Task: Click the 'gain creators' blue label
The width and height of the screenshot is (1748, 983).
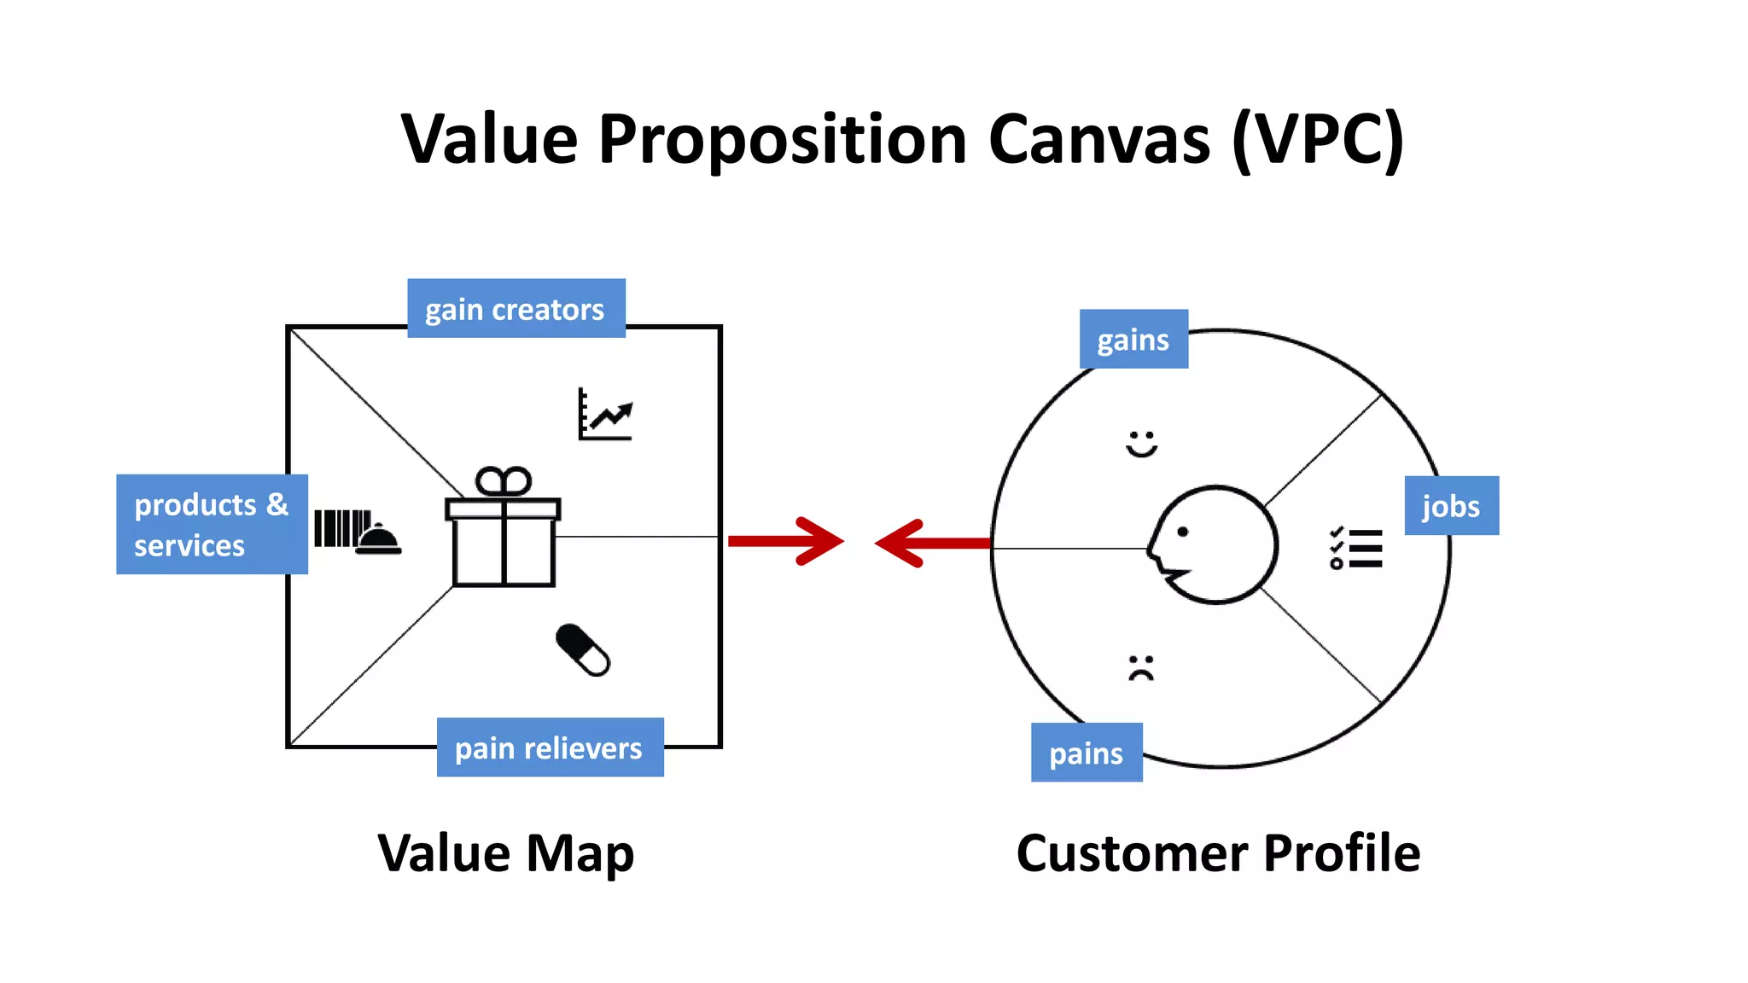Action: pyautogui.click(x=516, y=309)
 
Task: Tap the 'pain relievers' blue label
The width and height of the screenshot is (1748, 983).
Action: pyautogui.click(x=550, y=747)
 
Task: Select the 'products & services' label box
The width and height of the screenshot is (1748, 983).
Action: pyautogui.click(x=212, y=524)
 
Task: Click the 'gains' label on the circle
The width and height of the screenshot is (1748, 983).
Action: pyautogui.click(x=1133, y=340)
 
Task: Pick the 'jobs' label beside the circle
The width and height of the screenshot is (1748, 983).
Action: pyautogui.click(x=1451, y=506)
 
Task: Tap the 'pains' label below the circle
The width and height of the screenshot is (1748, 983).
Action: pyautogui.click(x=1086, y=753)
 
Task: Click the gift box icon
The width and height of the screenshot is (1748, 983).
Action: pyautogui.click(x=503, y=529)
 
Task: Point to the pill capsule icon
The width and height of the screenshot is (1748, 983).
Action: pyautogui.click(x=583, y=650)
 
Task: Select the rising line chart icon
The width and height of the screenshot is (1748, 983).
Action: pyautogui.click(x=605, y=416)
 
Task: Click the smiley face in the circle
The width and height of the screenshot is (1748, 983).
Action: pyautogui.click(x=1141, y=444)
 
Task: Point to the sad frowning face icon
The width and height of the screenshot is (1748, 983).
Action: pyautogui.click(x=1141, y=667)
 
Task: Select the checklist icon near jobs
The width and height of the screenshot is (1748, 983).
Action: pyautogui.click(x=1355, y=548)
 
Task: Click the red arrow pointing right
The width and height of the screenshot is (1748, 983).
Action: pyautogui.click(x=786, y=541)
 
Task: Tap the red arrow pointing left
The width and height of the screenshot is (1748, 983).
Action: pyautogui.click(x=930, y=543)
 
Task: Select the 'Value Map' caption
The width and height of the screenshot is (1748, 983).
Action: pyautogui.click(x=506, y=853)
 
